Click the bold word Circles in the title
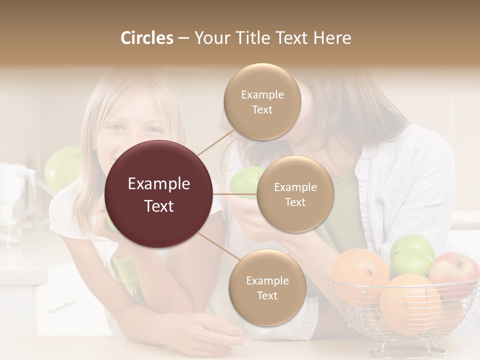pos(146,38)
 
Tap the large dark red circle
pos(159,194)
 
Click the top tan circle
pos(262,102)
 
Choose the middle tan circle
pos(295,194)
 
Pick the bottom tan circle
pos(267,288)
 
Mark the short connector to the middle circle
pos(235,194)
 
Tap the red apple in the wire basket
pos(453,272)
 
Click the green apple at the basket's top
pos(412,247)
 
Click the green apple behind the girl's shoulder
pos(62,167)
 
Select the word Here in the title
pos(332,38)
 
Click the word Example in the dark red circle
pos(159,184)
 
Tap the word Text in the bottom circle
pos(267,295)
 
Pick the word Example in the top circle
pos(262,95)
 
